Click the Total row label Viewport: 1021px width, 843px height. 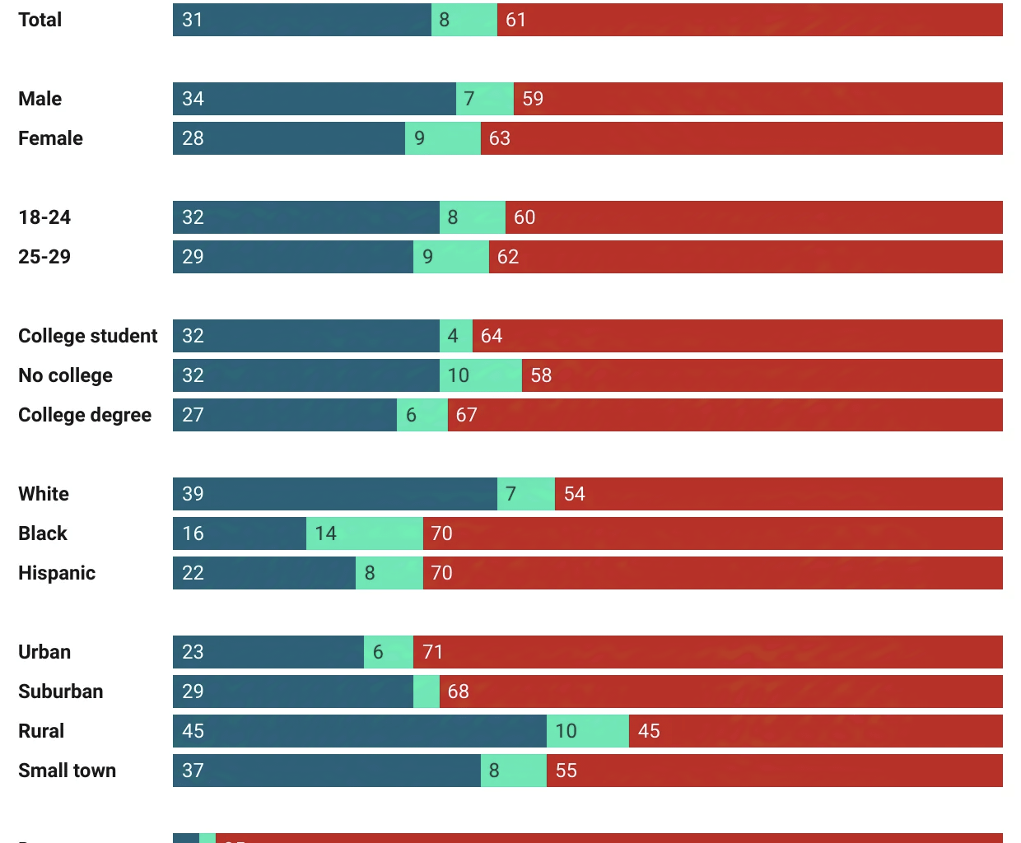click(40, 20)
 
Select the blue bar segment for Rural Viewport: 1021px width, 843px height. click(359, 731)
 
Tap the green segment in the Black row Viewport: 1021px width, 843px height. click(364, 533)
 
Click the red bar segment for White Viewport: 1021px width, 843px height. click(778, 494)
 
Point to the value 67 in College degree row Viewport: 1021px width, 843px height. click(466, 415)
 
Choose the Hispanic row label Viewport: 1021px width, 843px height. click(57, 573)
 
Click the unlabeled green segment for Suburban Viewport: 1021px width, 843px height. click(426, 692)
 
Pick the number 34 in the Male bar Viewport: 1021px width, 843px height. click(193, 99)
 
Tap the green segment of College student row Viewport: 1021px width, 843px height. click(455, 336)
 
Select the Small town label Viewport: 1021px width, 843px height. click(67, 771)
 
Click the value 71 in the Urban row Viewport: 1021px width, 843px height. click(432, 652)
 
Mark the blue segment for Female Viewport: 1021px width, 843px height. click(288, 138)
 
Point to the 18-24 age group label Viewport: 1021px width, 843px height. click(44, 217)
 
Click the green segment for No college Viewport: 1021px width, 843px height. click(480, 375)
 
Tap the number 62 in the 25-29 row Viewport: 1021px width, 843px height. click(507, 257)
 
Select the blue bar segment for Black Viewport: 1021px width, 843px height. click(239, 533)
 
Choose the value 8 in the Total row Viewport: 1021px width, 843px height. click(444, 20)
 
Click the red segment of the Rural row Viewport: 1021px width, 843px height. click(815, 731)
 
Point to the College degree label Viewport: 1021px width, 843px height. click(85, 415)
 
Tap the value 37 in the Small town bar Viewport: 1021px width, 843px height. click(193, 771)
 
